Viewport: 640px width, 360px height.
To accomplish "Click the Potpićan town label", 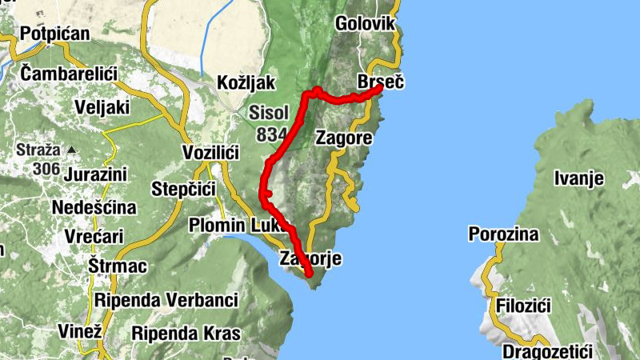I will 55,34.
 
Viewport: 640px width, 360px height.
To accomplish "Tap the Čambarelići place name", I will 69,73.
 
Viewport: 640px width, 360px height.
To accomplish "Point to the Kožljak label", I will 246,82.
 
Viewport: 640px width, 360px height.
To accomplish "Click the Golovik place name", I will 365,23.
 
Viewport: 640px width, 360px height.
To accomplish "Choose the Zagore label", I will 344,138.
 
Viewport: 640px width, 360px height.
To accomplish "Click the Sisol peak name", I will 266,112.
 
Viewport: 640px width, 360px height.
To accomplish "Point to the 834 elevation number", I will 272,134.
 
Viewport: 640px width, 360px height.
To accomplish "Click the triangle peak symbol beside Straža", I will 72,150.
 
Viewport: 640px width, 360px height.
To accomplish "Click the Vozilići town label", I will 211,152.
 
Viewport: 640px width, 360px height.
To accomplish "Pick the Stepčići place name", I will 185,190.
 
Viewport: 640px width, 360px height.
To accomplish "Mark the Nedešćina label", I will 93,207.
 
